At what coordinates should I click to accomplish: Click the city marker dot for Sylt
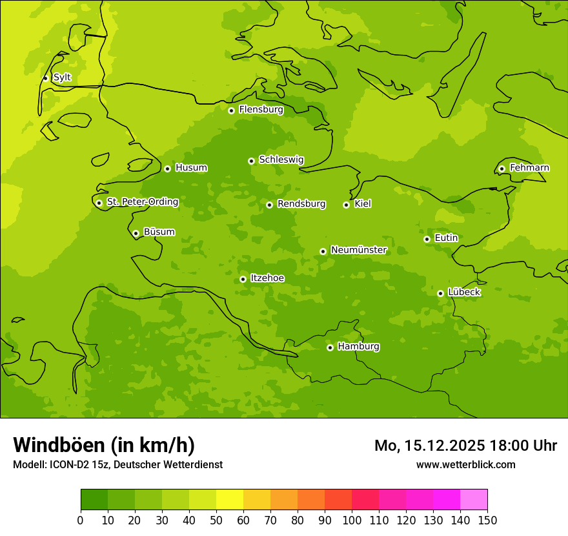45,78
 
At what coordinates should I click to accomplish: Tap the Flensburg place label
261,110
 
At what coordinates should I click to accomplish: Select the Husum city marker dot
167,169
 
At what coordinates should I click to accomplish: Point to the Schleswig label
281,160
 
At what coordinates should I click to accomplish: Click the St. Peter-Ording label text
142,202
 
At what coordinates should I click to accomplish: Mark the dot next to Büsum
136,233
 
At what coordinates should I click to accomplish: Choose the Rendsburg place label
301,204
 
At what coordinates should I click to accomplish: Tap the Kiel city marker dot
346,205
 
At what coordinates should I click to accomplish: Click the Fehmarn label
529,168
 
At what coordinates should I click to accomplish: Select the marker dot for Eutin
427,239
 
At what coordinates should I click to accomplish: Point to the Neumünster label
358,250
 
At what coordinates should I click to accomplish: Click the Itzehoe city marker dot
243,279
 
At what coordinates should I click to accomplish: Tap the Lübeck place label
463,293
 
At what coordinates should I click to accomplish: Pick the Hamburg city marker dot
330,347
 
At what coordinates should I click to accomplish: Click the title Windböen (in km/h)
103,445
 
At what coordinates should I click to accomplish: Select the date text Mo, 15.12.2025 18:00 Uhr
465,446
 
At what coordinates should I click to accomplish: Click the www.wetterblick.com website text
465,464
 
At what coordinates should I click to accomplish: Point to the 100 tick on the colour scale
352,520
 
